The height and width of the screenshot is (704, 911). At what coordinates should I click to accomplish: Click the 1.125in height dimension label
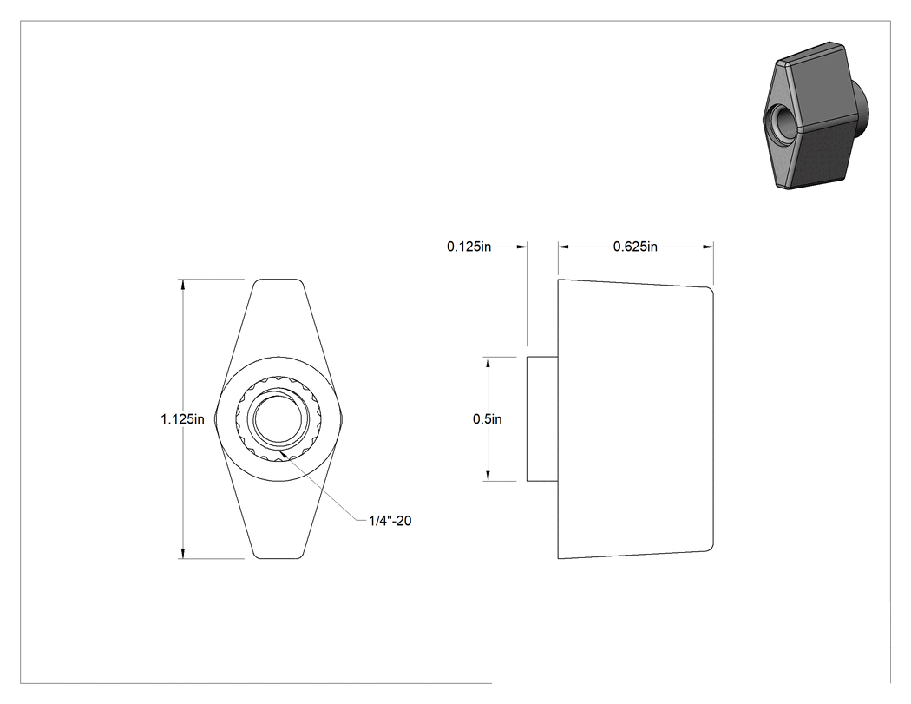182,419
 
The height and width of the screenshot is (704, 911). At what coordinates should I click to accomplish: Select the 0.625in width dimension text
635,247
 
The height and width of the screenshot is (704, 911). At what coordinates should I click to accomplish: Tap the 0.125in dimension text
469,247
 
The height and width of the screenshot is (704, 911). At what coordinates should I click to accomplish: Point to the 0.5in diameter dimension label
488,419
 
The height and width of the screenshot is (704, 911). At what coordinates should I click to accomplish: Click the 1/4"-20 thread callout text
390,521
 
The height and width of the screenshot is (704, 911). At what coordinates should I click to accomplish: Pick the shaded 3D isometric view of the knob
816,115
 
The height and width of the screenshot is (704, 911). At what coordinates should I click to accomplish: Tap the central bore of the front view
279,419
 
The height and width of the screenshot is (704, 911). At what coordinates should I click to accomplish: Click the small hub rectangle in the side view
542,419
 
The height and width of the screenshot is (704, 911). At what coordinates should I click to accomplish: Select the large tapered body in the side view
636,419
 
